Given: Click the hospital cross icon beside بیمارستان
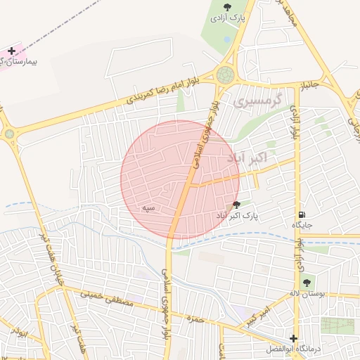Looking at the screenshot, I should click(x=11, y=51).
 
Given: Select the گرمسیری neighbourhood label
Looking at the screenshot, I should click(x=257, y=102).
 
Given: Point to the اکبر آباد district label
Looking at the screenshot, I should click(x=247, y=158).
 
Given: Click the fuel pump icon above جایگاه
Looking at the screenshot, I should click(x=302, y=214).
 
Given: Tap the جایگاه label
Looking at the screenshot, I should click(x=302, y=225).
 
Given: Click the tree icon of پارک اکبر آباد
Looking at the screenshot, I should click(x=236, y=204).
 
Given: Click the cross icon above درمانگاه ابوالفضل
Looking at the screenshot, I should click(x=293, y=338).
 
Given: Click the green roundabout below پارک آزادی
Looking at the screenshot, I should click(x=226, y=75).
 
